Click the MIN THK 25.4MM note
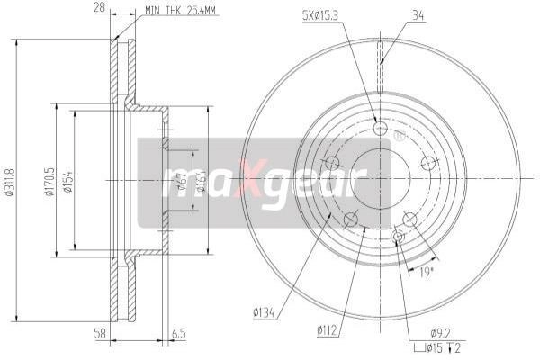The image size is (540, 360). coord(180,10)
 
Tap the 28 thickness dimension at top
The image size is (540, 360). coord(99,7)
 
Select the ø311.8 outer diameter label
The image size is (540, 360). coord(10,182)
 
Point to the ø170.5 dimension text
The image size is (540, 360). coord(49,181)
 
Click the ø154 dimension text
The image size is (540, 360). coord(67,181)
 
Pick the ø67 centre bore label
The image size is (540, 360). coord(182,181)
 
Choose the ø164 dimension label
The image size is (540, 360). coord(201,181)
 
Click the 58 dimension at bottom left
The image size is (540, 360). coord(99,334)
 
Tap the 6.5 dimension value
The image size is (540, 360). coord(179,334)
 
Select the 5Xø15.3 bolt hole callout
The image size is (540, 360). coord(319,15)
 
